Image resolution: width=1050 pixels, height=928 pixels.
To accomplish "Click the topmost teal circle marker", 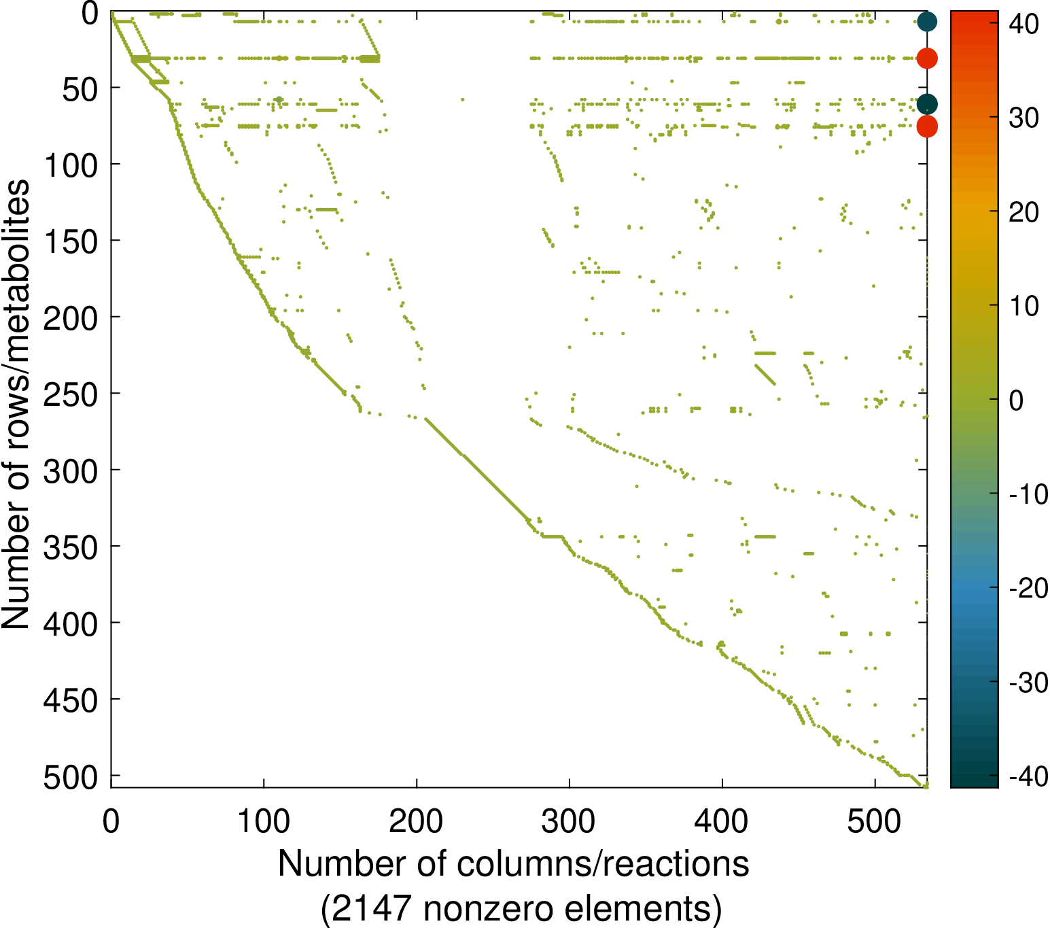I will point(927,22).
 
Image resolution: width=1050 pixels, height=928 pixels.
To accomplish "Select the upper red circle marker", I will point(927,58).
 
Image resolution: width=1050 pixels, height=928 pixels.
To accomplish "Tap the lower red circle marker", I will point(927,126).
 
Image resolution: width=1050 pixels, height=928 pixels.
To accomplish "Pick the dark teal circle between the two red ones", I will point(927,104).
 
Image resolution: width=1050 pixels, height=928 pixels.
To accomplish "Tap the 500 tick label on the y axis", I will point(71,777).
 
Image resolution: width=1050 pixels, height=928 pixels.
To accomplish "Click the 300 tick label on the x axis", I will point(569,821).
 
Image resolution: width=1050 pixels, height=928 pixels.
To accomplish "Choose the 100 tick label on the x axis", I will point(264,821).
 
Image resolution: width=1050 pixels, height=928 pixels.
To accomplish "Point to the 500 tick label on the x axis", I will point(875,821).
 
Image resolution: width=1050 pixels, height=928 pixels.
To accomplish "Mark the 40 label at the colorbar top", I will point(1023,24).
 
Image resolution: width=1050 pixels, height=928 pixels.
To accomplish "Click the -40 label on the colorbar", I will point(1028,776).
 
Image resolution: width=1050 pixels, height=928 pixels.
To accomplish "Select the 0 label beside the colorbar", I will point(1016,400).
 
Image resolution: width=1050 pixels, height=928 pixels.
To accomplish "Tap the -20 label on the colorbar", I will point(1028,588).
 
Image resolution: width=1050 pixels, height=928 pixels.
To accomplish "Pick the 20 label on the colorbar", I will point(1023,213).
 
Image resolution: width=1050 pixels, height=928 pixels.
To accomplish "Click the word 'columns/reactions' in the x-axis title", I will point(603,864).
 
